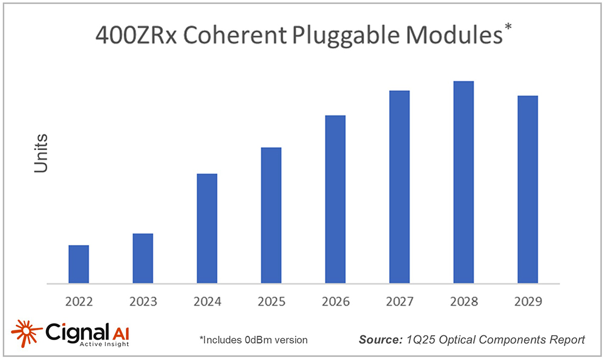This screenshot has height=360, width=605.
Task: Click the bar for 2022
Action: pyautogui.click(x=79, y=264)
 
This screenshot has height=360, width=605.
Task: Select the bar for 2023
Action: pyautogui.click(x=143, y=258)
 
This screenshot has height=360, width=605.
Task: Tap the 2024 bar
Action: pyautogui.click(x=207, y=229)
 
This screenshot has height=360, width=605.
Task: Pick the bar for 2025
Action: pyautogui.click(x=271, y=215)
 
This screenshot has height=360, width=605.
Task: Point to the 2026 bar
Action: pyautogui.click(x=335, y=199)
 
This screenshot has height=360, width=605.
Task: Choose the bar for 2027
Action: pyautogui.click(x=399, y=187)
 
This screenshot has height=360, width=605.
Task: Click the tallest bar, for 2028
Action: pyautogui.click(x=463, y=182)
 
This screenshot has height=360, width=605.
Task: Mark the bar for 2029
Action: pyautogui.click(x=528, y=189)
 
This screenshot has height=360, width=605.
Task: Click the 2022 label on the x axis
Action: pyautogui.click(x=79, y=301)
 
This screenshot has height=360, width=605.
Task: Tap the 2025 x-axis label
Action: pyautogui.click(x=271, y=301)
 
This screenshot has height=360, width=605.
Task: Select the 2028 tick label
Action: pyautogui.click(x=463, y=301)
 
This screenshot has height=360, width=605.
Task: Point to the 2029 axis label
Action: pyautogui.click(x=528, y=301)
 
